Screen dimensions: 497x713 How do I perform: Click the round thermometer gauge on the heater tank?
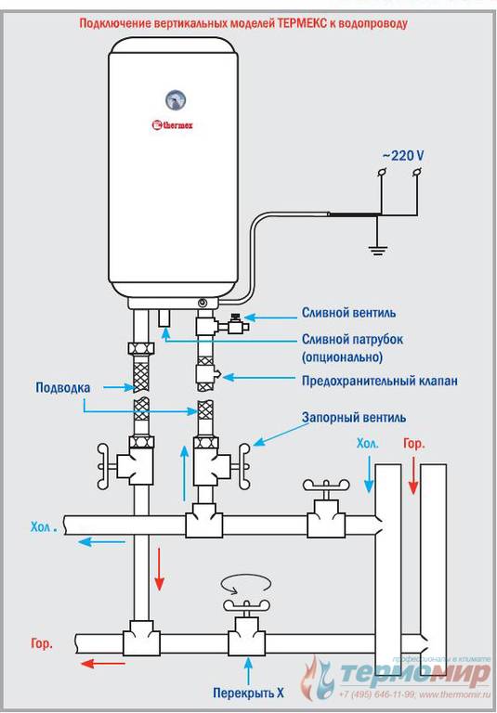174,100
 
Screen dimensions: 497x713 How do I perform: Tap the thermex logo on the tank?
173,124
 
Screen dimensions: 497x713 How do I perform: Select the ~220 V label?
402,156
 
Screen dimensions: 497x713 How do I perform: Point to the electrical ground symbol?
377,249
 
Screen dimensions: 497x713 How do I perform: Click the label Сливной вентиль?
348,313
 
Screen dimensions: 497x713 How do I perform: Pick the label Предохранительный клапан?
380,380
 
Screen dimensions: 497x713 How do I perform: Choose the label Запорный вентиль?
354,417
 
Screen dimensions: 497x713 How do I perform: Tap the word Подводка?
63,387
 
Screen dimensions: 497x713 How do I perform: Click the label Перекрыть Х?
249,693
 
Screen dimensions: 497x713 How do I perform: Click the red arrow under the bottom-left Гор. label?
103,664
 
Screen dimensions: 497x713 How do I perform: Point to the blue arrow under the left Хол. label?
101,541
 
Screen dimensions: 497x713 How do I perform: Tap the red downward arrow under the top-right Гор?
412,475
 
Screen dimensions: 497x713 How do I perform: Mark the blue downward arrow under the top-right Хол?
369,474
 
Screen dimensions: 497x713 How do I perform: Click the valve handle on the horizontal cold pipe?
326,487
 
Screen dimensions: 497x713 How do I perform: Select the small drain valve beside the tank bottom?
234,323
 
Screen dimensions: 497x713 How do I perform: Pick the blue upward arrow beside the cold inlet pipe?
184,473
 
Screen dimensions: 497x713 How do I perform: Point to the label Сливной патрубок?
352,340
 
